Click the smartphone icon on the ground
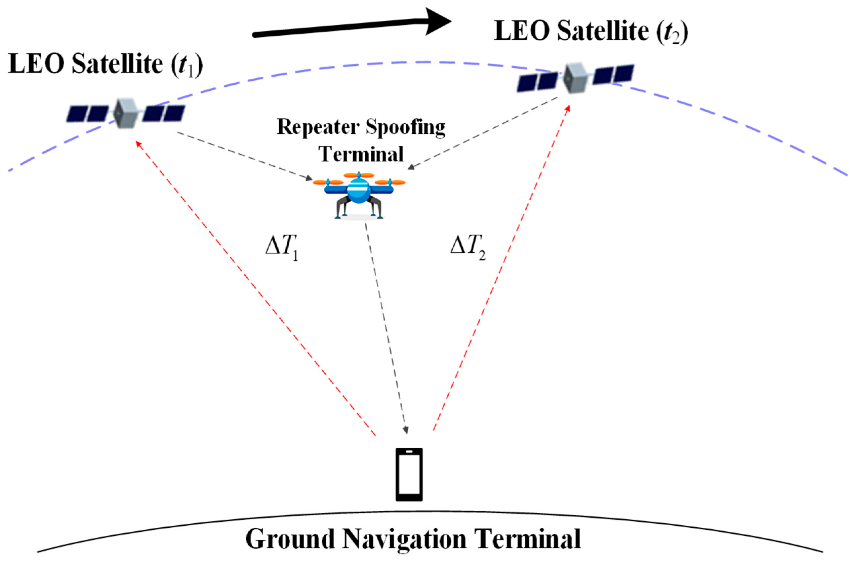(x=409, y=475)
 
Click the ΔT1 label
(x=282, y=249)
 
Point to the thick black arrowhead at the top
(x=437, y=22)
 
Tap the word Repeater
(x=318, y=127)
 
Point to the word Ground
(x=290, y=539)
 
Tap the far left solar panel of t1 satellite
(x=77, y=114)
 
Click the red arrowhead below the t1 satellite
(x=138, y=144)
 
